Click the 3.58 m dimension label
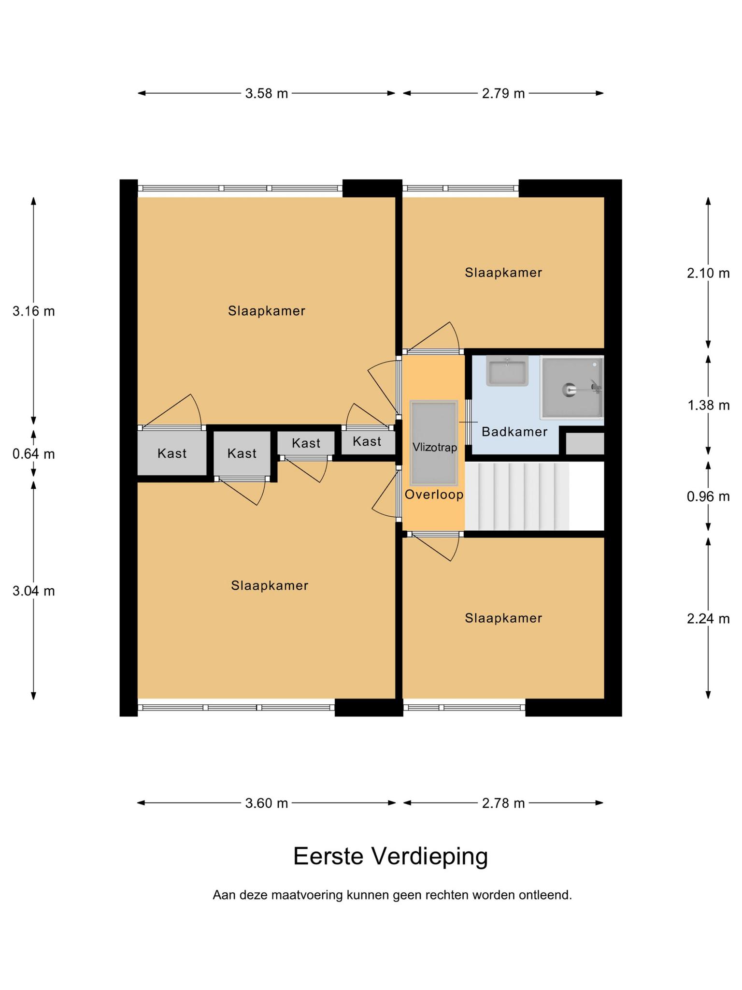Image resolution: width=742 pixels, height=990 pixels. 266,93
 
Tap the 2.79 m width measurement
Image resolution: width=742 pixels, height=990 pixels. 503,93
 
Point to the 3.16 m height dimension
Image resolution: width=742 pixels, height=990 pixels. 34,311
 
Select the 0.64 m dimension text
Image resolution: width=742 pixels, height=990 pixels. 34,454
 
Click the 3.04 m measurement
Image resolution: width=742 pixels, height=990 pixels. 34,591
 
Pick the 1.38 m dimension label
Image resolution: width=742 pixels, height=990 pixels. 708,405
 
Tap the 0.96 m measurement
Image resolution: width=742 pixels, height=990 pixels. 708,496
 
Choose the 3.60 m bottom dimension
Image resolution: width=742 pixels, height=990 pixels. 266,803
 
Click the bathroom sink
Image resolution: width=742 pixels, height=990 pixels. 507,371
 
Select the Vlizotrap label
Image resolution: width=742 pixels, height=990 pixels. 434,448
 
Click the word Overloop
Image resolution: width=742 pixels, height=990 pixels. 434,495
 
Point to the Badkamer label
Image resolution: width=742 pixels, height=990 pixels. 514,432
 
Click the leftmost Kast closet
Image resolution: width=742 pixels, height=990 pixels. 172,453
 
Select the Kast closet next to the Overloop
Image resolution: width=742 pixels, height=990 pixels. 368,441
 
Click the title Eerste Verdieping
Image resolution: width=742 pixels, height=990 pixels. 390,856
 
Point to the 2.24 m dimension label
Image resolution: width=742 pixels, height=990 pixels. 708,618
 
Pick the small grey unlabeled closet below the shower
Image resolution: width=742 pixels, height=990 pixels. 585,443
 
